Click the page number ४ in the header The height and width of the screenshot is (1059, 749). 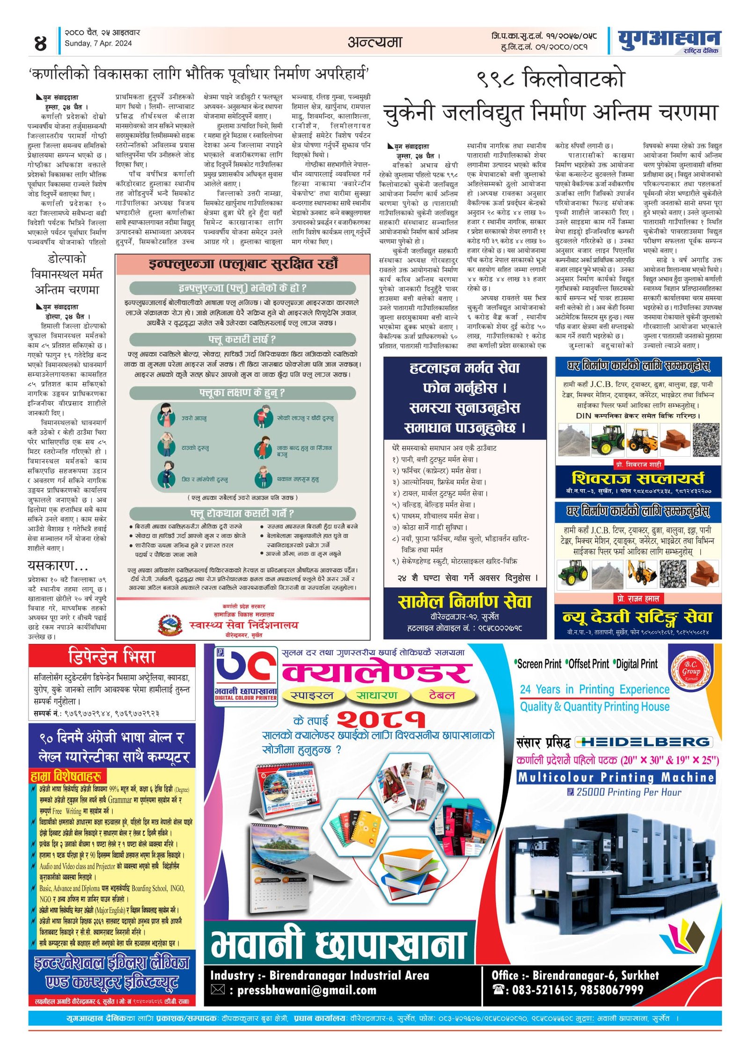(x=40, y=43)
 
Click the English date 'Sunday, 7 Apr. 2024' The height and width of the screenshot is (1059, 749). (x=98, y=44)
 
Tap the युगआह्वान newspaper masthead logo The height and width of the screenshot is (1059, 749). (x=668, y=40)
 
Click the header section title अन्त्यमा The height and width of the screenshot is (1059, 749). (x=374, y=42)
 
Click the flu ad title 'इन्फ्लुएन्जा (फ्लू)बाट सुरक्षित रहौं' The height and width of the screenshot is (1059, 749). (x=243, y=263)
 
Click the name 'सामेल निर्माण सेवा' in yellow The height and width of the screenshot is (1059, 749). (x=464, y=601)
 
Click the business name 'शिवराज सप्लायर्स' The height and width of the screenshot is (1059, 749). (x=638, y=478)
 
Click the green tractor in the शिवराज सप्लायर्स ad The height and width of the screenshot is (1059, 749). (x=607, y=439)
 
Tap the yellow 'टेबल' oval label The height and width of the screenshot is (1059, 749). (x=441, y=695)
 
